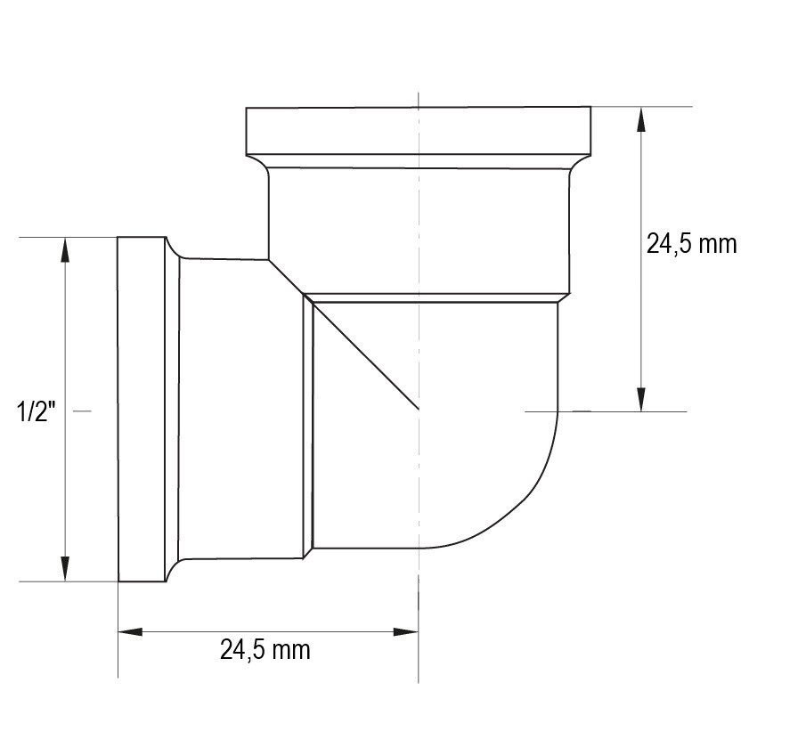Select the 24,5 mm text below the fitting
coord(265,650)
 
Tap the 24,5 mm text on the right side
coord(692,244)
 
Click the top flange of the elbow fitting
coord(418,130)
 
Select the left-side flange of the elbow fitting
coord(142,410)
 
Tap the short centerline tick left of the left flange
coord(82,411)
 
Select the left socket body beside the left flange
coord(240,410)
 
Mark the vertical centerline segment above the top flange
coord(418,98)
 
